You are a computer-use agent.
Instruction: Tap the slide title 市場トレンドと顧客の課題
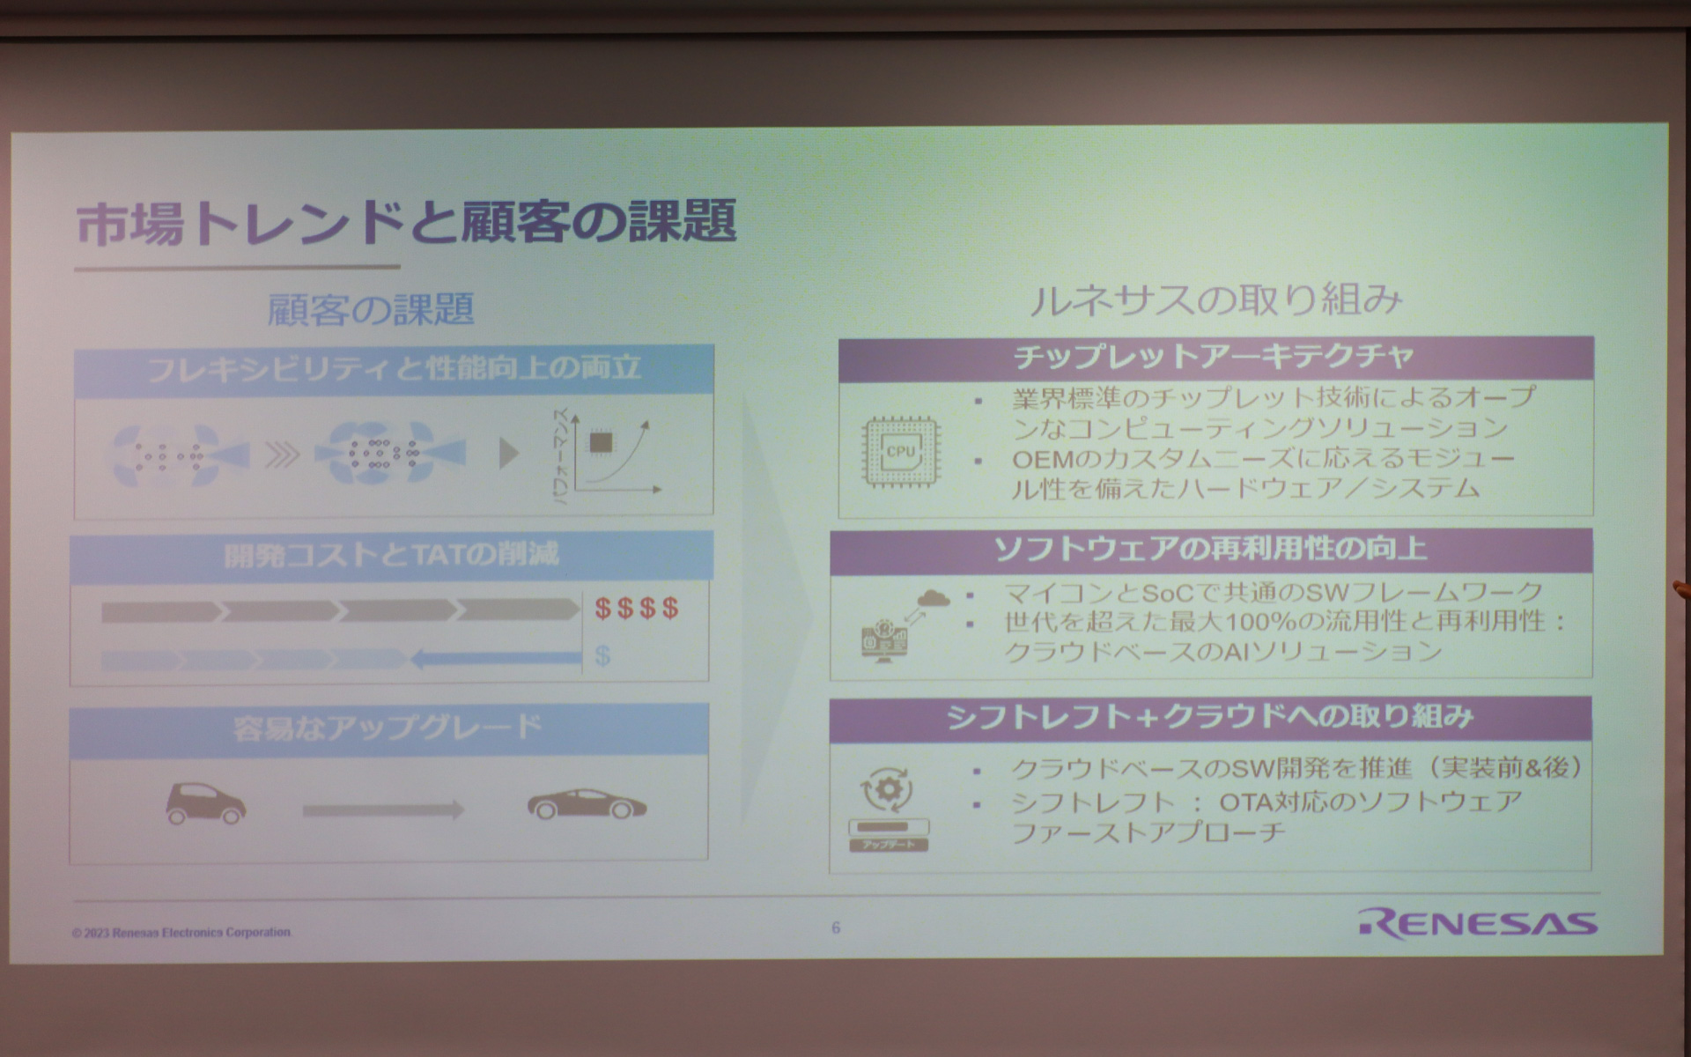tap(406, 223)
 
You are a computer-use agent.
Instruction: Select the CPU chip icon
tap(900, 453)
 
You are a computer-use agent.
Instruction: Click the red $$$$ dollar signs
tap(636, 608)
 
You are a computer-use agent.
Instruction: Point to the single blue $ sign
tap(602, 655)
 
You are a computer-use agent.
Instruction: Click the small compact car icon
tap(205, 803)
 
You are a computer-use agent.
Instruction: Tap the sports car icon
tap(586, 804)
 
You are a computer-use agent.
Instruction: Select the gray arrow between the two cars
tap(383, 809)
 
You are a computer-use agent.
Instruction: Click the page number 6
tap(836, 928)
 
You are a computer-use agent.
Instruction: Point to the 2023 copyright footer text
tap(181, 933)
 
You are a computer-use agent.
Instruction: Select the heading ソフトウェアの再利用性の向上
tap(1210, 550)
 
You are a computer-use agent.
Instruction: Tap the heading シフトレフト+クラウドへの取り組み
tap(1210, 717)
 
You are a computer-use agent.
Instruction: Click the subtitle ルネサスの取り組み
tap(1215, 300)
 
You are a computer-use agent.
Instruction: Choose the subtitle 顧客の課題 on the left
tap(371, 309)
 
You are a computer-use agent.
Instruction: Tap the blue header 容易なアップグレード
tap(388, 728)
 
